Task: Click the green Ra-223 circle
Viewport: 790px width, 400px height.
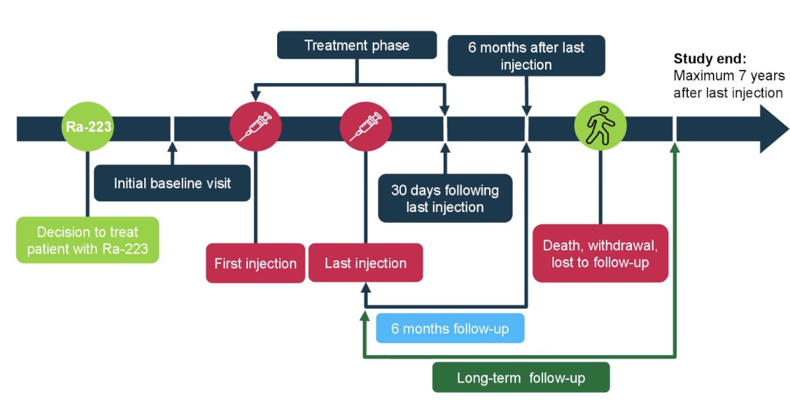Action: [88, 127]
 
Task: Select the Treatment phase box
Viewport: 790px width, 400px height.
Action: [357, 45]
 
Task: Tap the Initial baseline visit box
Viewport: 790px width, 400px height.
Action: [172, 183]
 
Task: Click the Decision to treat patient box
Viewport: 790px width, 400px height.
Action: [88, 240]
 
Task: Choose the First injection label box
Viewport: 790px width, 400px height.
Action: [255, 263]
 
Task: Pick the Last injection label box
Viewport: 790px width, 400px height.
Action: [366, 263]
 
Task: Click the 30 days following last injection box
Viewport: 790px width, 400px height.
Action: [445, 198]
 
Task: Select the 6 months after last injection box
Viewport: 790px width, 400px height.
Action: [526, 55]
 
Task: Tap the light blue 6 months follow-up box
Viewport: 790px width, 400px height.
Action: [450, 328]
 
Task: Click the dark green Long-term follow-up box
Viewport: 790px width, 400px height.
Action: [521, 378]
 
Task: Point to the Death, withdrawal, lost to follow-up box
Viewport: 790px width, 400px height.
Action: [600, 254]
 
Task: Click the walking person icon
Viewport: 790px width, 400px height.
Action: [600, 126]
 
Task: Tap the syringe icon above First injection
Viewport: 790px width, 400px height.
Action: [255, 127]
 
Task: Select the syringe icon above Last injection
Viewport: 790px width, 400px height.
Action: [366, 127]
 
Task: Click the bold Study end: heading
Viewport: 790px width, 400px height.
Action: [710, 59]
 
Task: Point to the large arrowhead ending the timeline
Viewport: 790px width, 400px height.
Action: [774, 129]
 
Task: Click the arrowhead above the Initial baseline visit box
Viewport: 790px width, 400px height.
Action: [172, 148]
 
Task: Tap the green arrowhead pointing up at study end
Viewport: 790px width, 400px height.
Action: [675, 148]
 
